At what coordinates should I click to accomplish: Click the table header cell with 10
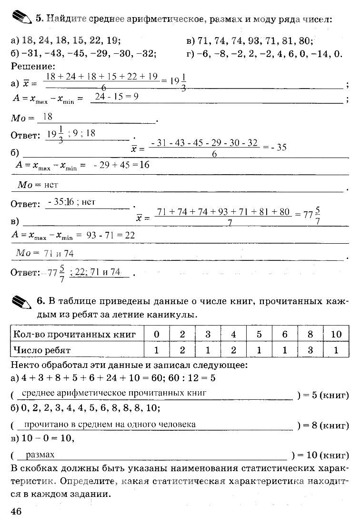pyautogui.click(x=336, y=334)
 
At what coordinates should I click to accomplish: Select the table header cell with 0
pyautogui.click(x=157, y=334)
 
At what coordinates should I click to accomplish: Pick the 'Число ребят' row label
pyautogui.click(x=42, y=350)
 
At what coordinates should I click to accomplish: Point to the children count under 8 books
pyautogui.click(x=310, y=350)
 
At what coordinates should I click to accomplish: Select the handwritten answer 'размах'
pyautogui.click(x=40, y=455)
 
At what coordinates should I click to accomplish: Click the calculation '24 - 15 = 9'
pyautogui.click(x=117, y=97)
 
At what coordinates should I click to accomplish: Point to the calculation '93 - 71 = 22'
pyautogui.click(x=111, y=235)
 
